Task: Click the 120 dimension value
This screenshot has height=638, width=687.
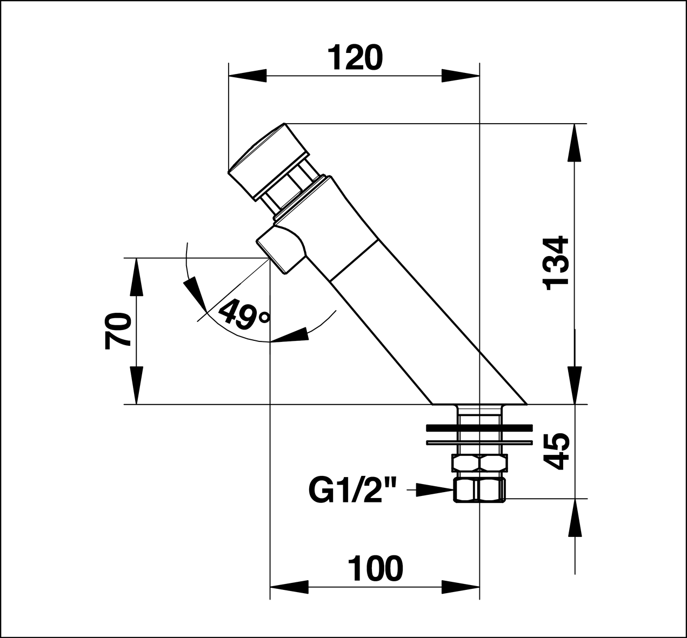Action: (355, 58)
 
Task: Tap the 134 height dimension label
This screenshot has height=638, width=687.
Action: (557, 263)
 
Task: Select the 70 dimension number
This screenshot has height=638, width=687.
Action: (118, 331)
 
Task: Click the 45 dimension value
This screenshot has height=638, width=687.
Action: (557, 452)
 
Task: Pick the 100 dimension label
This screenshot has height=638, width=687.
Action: (376, 568)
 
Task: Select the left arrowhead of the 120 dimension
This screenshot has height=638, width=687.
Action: (248, 76)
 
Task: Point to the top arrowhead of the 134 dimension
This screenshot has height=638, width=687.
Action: (573, 143)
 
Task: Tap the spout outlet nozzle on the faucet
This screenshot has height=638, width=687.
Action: (280, 249)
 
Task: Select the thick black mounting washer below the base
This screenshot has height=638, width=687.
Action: (479, 428)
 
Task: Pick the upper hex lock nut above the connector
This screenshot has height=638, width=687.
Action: (479, 464)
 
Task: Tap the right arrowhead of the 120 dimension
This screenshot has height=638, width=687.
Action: (461, 76)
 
